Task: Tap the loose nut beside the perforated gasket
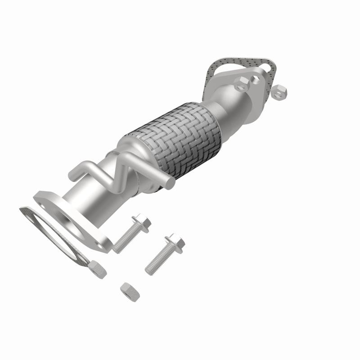point(282,92)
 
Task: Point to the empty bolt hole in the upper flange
point(256,79)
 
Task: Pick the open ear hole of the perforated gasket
point(270,67)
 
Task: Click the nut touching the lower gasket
point(97,270)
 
